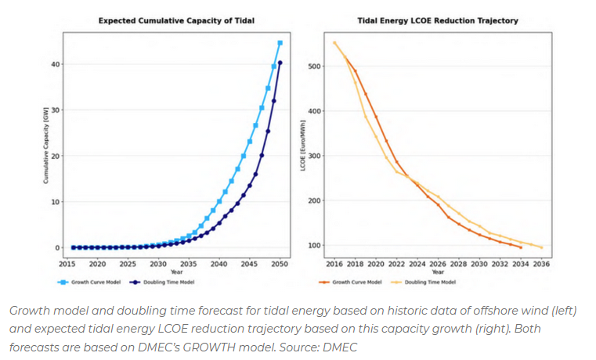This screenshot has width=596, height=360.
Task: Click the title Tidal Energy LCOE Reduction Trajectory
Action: tap(439, 21)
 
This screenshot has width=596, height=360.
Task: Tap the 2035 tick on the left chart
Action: tap(189, 264)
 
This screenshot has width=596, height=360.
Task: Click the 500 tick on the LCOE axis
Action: tap(313, 67)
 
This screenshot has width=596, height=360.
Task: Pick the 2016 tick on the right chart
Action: tap(334, 264)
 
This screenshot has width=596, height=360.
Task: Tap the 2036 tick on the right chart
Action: tap(541, 264)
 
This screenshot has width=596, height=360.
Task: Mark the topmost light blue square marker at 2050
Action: tap(280, 43)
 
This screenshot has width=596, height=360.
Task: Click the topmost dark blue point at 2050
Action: tap(280, 63)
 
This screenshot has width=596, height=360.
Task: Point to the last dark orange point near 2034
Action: tap(521, 247)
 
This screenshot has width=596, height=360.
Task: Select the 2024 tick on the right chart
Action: tap(417, 264)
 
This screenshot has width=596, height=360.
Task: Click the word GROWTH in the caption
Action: tap(244, 347)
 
